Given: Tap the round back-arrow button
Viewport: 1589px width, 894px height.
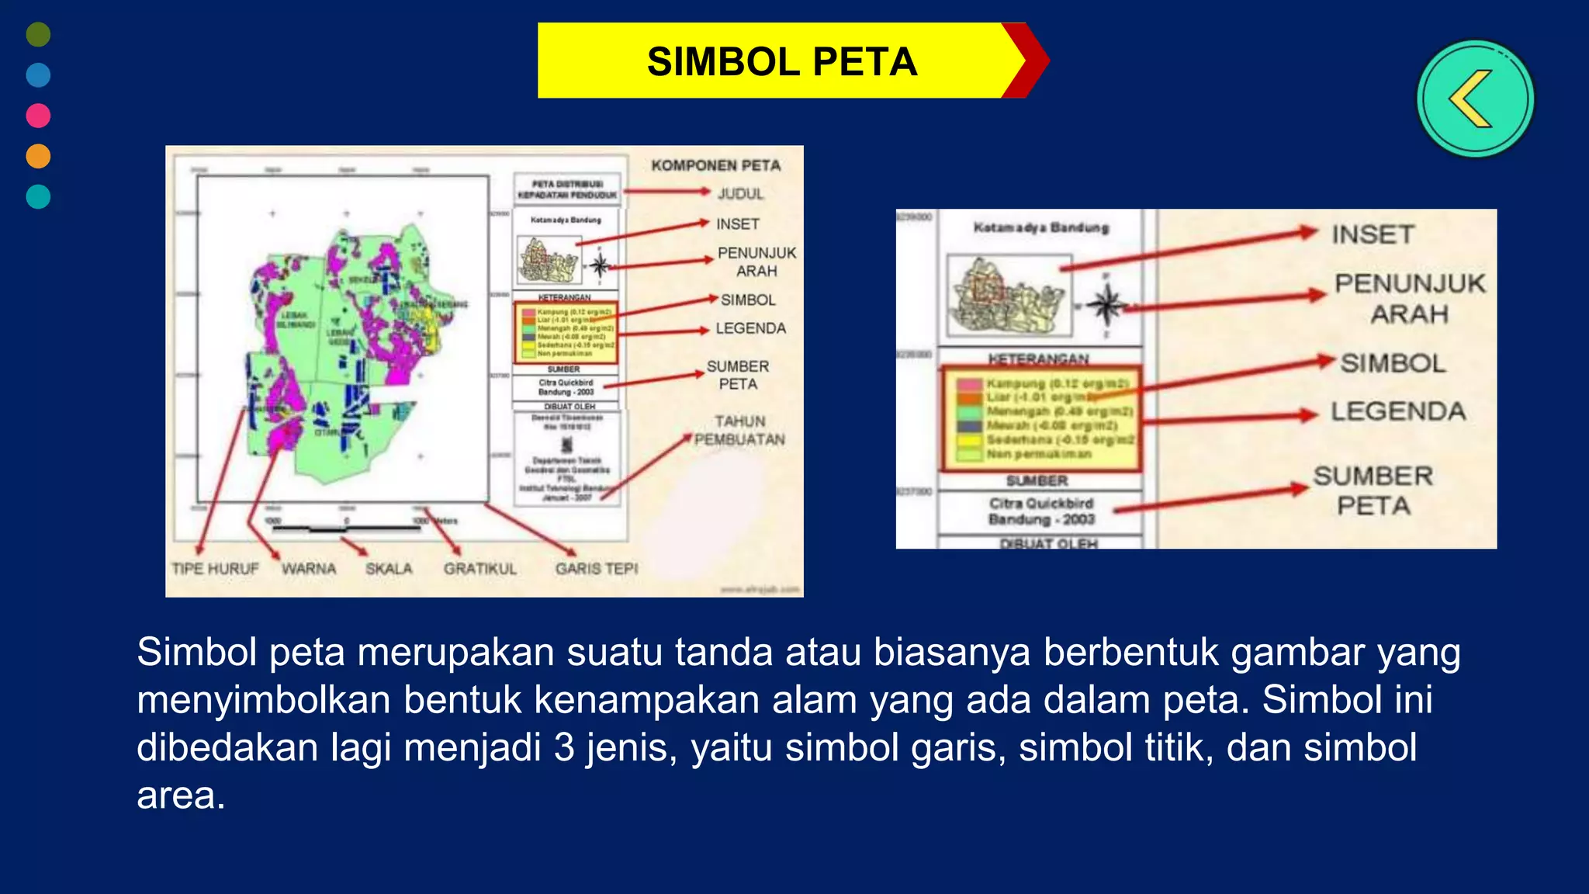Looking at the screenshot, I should tap(1475, 99).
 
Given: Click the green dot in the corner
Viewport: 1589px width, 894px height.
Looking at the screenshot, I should tap(38, 34).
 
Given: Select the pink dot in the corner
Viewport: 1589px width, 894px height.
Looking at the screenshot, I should tap(38, 116).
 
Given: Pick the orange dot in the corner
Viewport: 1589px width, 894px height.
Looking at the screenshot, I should tap(38, 156).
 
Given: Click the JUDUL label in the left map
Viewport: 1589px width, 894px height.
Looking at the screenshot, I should tap(740, 193).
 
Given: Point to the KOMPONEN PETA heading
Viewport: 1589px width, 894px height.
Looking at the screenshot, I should tap(715, 165).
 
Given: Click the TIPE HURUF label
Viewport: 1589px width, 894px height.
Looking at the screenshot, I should tap(215, 569).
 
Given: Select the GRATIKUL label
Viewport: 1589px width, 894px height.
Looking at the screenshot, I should tap(479, 569).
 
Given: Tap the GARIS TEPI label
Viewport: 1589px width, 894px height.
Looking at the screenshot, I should tap(596, 569).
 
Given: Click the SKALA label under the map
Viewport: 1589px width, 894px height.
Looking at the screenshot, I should tap(389, 569).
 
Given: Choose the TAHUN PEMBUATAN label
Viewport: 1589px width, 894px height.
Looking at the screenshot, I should tap(739, 430).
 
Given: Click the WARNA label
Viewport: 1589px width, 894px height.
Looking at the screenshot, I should tap(309, 569).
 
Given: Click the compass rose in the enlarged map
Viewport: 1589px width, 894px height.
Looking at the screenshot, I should tap(1106, 305).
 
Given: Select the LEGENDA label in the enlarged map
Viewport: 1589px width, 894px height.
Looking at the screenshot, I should tap(1398, 411).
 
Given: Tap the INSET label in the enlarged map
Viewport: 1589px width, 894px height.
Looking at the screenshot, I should tap(1373, 234).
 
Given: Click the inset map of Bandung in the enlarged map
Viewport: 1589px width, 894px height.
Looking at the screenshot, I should tap(1009, 296).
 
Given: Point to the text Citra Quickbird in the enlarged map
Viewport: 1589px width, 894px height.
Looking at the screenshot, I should tap(1040, 503).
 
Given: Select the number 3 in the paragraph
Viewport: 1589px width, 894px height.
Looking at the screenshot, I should tap(564, 747).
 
